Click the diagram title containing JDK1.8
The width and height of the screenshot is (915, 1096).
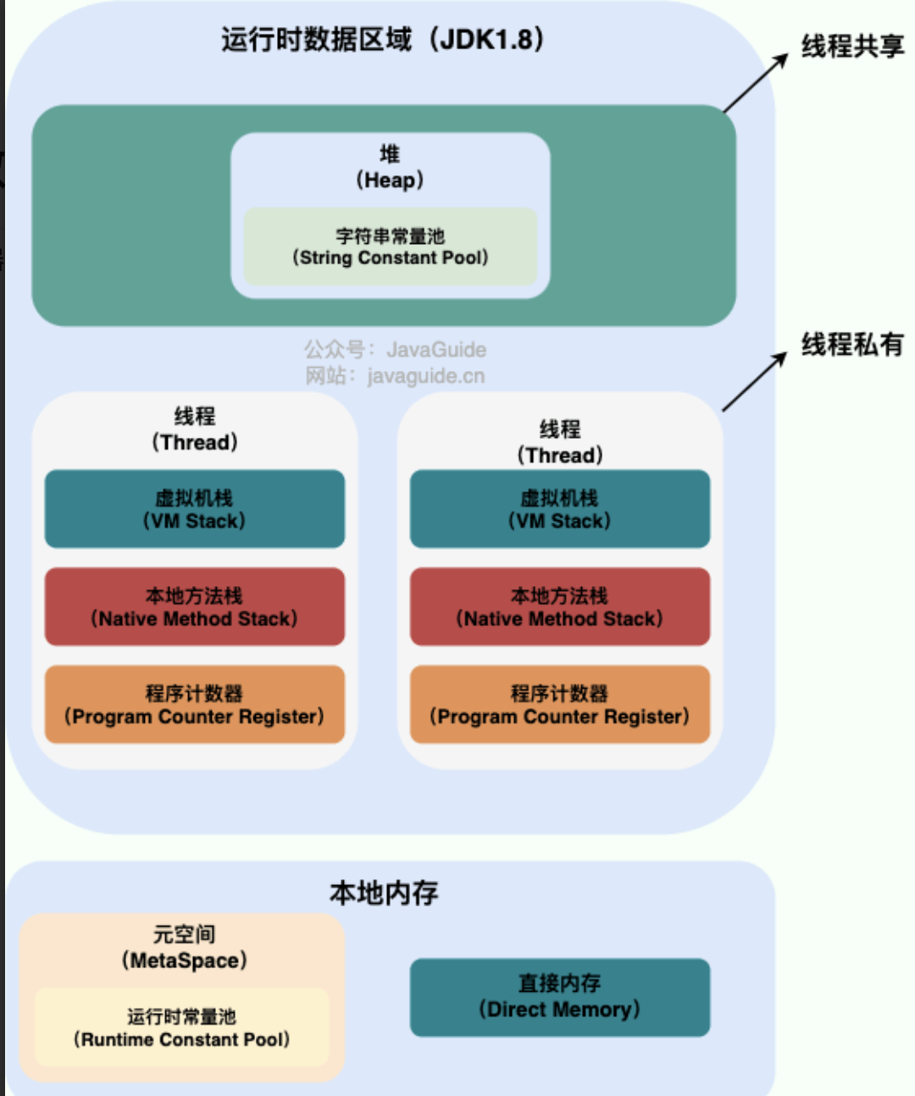383,39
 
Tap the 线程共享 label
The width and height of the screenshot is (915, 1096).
852,46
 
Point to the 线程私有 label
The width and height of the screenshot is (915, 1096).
852,345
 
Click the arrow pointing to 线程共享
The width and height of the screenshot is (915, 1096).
756,83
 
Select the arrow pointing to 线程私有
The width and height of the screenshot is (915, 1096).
755,381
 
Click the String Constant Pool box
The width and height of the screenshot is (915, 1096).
390,246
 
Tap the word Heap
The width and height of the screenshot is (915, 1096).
390,180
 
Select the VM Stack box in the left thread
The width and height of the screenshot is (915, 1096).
195,509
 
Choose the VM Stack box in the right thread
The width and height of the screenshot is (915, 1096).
560,509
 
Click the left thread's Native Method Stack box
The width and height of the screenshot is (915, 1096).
195,606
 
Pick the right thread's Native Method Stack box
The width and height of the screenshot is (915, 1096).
560,606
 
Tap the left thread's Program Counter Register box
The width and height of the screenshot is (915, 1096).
195,704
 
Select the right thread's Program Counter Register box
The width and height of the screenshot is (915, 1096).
560,704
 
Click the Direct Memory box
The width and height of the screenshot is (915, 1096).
560,997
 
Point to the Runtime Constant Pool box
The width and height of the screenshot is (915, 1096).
181,1027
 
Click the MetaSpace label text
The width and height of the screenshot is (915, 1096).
184,961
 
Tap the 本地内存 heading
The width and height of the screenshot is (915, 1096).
384,893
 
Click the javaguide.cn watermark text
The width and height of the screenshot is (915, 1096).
426,376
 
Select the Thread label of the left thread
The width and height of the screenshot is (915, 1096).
195,442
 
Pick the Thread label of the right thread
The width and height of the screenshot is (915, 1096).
560,456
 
